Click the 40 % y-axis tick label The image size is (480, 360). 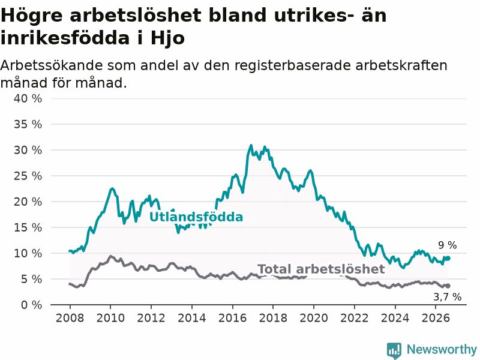pyautogui.click(x=28, y=98)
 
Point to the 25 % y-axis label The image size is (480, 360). pyautogui.click(x=28, y=176)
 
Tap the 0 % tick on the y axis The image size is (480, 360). pyautogui.click(x=32, y=305)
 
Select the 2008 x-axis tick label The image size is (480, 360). pyautogui.click(x=70, y=318)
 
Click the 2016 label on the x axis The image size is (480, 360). pyautogui.click(x=232, y=318)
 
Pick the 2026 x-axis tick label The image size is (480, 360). pyautogui.click(x=436, y=318)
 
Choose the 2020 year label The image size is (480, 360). pyautogui.click(x=314, y=318)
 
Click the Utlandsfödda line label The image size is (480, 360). pyautogui.click(x=196, y=217)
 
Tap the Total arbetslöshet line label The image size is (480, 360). pyautogui.click(x=321, y=269)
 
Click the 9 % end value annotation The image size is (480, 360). pyautogui.click(x=448, y=245)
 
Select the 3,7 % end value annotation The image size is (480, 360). pyautogui.click(x=448, y=296)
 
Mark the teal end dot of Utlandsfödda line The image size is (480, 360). pyautogui.click(x=448, y=259)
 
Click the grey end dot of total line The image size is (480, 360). pyautogui.click(x=448, y=286)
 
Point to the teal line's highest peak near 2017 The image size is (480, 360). pyautogui.click(x=251, y=145)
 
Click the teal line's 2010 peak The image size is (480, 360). pyautogui.click(x=112, y=188)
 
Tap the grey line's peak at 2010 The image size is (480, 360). pyautogui.click(x=110, y=256)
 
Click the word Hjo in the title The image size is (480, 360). pyautogui.click(x=168, y=38)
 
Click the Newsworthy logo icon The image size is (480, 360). pyautogui.click(x=394, y=350)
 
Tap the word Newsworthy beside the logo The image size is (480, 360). pyautogui.click(x=442, y=349)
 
